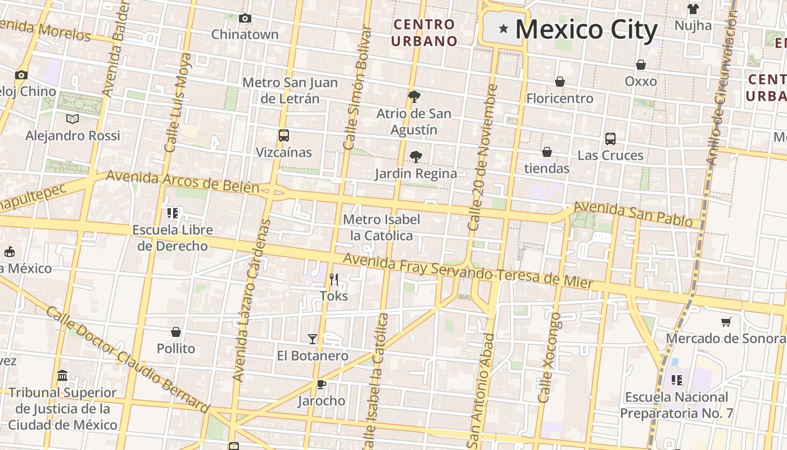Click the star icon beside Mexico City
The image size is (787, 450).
(503, 29)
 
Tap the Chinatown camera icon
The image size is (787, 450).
(245, 19)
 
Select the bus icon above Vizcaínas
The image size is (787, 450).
(283, 136)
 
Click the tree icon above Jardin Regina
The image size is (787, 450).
(416, 156)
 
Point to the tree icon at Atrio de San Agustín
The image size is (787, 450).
(414, 96)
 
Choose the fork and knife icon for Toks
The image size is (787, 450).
(333, 279)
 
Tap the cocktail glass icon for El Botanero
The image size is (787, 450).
(313, 339)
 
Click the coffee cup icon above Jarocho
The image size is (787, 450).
(321, 384)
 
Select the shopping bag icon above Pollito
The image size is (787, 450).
(176, 332)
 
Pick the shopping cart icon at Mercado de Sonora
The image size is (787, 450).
(726, 322)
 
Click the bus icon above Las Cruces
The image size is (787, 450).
(610, 138)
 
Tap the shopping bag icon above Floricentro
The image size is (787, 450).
(559, 82)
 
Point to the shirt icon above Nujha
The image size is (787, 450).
(693, 9)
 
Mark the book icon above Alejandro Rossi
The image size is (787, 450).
(73, 119)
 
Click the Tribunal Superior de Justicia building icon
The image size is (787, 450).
(62, 375)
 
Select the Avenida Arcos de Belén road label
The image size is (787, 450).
(182, 181)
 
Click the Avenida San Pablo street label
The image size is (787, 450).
(632, 214)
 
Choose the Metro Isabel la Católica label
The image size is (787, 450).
(382, 227)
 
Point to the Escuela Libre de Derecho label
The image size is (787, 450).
(173, 238)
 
